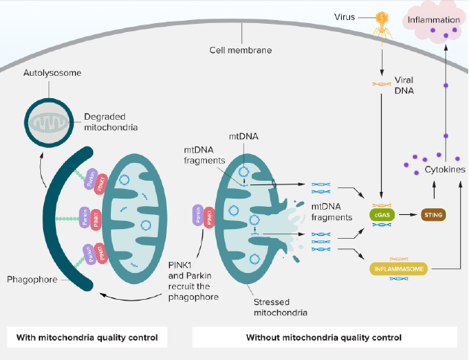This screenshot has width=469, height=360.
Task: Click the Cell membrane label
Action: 240,51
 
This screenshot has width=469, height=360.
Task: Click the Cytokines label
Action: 444,170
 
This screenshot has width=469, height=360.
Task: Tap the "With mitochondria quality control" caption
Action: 87,337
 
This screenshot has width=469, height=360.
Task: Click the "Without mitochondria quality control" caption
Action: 324,337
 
